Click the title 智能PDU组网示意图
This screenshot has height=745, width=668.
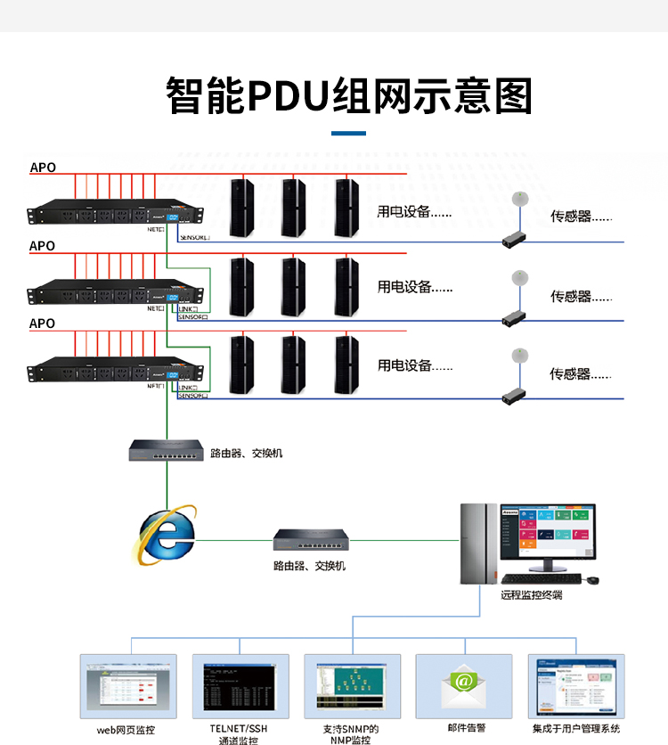tap(349, 95)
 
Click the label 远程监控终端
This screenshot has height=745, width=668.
tap(531, 594)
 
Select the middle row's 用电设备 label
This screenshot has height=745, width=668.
tap(415, 287)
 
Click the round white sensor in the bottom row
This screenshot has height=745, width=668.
tap(519, 355)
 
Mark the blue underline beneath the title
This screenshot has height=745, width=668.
tap(348, 134)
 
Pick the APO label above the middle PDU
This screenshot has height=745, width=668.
tap(42, 245)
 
